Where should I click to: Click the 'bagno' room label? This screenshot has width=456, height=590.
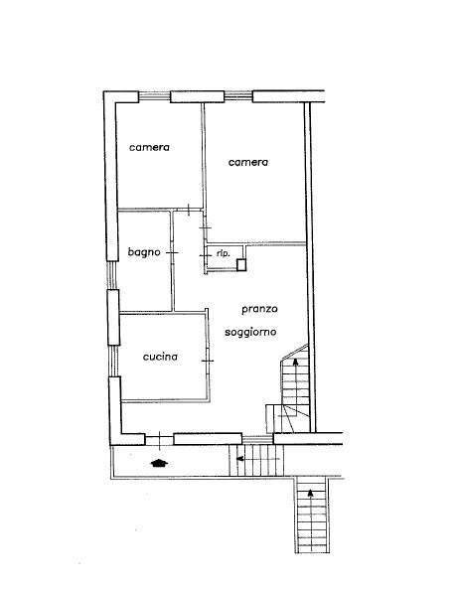[x=144, y=252]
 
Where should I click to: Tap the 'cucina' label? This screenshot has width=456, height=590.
[x=160, y=357]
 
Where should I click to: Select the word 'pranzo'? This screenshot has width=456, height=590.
[x=259, y=309]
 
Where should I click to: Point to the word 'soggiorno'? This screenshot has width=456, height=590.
[x=250, y=333]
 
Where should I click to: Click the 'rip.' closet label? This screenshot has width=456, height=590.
[x=224, y=253]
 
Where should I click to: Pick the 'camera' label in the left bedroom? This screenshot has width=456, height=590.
[x=149, y=147]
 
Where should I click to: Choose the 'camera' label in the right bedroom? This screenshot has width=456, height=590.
[x=248, y=162]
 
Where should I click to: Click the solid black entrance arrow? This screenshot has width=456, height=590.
[x=160, y=463]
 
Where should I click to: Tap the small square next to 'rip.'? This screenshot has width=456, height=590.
[x=241, y=265]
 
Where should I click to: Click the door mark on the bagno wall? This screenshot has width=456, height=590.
[x=172, y=253]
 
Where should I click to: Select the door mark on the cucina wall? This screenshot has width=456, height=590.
[x=208, y=361]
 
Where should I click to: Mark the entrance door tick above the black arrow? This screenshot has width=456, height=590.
[x=160, y=440]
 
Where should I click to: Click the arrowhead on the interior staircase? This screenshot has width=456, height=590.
[x=296, y=362]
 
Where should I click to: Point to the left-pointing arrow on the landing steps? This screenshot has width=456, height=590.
[x=258, y=459]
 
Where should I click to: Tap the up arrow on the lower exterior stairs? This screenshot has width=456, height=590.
[x=310, y=516]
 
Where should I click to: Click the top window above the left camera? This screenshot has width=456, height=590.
[x=155, y=97]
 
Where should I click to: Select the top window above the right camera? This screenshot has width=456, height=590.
[x=238, y=96]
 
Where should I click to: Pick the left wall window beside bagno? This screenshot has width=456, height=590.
[x=112, y=275]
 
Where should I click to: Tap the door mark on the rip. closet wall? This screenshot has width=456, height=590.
[x=206, y=256]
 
